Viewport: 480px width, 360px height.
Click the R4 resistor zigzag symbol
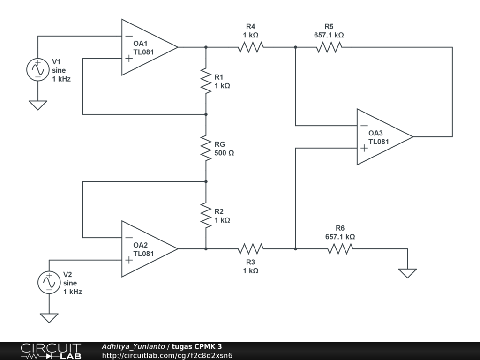pos(251,47)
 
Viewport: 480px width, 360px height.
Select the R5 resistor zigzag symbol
pos(329,47)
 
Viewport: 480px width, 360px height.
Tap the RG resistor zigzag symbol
pos(206,148)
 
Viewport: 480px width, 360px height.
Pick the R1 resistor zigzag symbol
pos(206,81)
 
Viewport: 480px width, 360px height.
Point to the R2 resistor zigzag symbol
pos(206,215)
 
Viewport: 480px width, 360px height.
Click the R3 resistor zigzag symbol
pos(251,249)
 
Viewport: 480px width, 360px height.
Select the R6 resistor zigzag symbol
pos(340,249)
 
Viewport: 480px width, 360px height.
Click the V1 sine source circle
pos(38,70)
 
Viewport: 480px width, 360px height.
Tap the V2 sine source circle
pos(49,283)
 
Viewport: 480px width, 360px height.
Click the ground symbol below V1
pos(38,105)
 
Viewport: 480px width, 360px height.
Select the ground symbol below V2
pos(49,318)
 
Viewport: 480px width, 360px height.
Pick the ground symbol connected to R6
pos(407,273)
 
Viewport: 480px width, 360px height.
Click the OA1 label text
pos(140,44)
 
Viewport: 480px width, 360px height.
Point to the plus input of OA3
pos(364,148)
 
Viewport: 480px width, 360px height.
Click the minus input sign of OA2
pos(129,238)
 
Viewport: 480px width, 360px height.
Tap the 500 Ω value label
pos(224,153)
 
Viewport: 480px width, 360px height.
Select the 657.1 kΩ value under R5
pos(329,35)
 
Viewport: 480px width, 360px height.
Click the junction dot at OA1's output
pos(206,47)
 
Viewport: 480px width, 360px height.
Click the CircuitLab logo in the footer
pos(51,351)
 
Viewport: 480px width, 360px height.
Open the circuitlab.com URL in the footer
pos(167,355)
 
